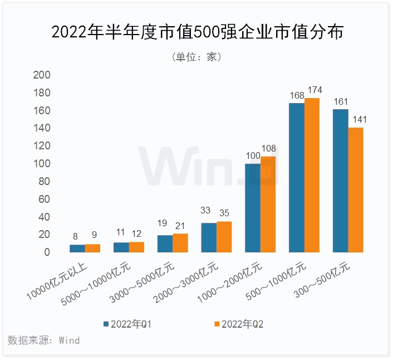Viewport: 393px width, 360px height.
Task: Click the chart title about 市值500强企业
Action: point(196,32)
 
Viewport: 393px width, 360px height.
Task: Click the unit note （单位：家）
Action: point(196,57)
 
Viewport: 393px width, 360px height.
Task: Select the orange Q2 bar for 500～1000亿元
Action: point(311,175)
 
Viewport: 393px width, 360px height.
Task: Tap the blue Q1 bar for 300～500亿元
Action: point(340,181)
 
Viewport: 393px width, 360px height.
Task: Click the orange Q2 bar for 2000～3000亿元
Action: point(224,237)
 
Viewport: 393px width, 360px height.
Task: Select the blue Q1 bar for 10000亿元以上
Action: point(77,249)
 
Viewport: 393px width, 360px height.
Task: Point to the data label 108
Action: point(268,149)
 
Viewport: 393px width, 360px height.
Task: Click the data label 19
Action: point(164,223)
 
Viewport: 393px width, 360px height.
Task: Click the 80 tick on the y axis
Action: point(44,182)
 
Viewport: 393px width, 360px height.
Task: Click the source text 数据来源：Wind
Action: point(44,340)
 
